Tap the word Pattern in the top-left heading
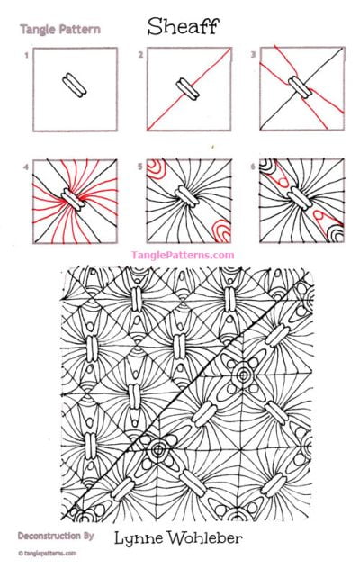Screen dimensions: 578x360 click(79, 30)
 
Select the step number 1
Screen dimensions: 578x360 click(28, 55)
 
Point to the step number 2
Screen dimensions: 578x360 click(141, 55)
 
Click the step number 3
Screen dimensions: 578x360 click(254, 55)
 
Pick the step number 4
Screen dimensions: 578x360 click(28, 166)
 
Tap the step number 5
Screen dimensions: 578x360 click(141, 166)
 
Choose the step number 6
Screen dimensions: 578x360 click(254, 166)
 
